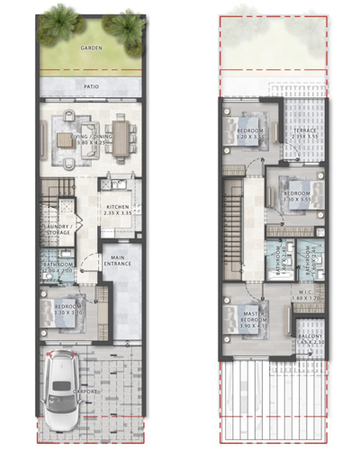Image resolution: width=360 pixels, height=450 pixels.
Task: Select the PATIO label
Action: [91, 87]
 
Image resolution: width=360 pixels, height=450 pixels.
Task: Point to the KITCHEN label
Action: [119, 206]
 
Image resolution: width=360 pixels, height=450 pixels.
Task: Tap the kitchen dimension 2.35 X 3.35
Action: [119, 214]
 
